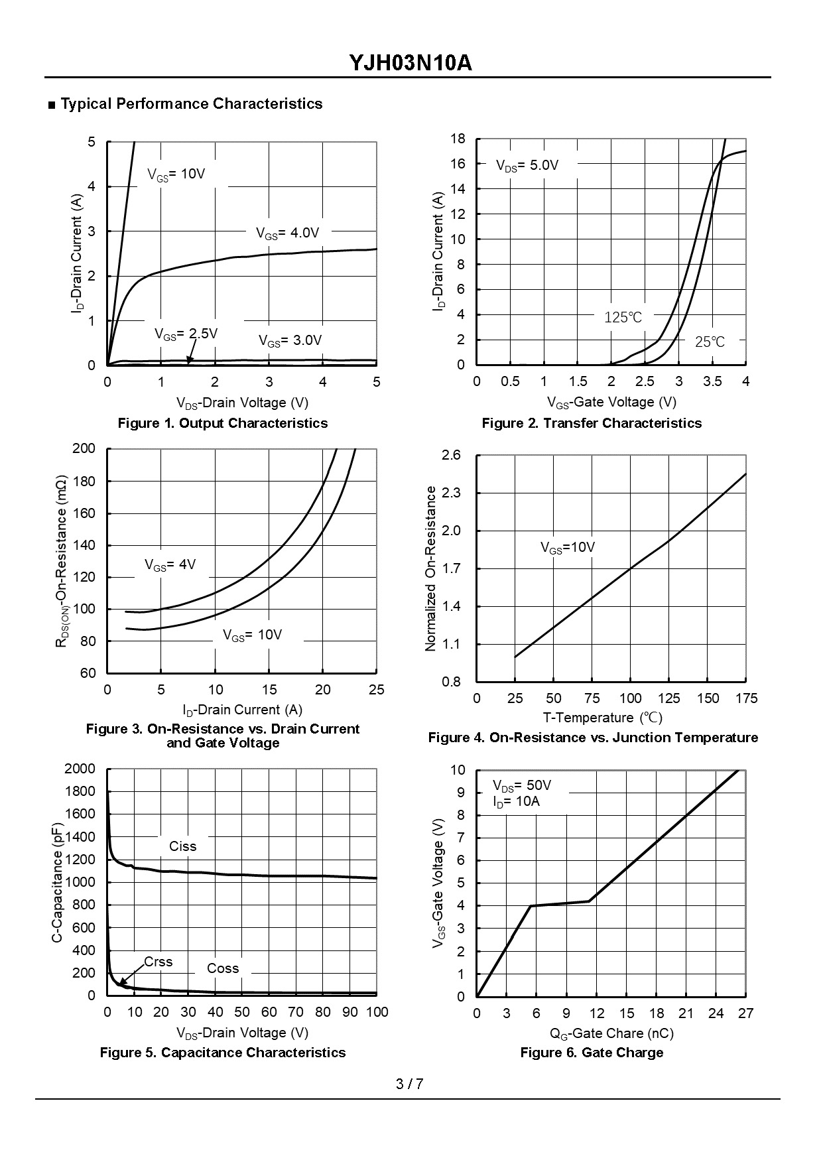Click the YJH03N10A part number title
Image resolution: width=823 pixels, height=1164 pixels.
[411, 63]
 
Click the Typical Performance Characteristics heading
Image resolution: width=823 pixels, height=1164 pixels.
[191, 104]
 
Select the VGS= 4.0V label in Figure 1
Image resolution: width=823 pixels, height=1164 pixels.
[288, 233]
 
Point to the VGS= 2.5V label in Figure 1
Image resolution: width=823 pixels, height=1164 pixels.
[186, 334]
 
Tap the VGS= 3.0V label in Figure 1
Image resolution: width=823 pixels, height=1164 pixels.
[290, 341]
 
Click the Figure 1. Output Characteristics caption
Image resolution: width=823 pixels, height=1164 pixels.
[222, 423]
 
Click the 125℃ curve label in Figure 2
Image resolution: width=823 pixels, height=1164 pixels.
[623, 317]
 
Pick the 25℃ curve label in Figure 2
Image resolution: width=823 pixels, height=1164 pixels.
[710, 342]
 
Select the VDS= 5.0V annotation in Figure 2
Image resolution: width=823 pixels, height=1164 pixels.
[527, 166]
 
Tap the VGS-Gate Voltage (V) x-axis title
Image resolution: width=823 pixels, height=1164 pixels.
[611, 402]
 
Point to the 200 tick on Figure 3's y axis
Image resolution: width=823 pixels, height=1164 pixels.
[84, 449]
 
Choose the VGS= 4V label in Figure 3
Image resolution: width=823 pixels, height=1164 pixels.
[170, 565]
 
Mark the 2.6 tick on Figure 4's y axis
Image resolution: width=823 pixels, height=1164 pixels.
[451, 456]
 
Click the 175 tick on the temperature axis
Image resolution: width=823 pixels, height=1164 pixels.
[746, 698]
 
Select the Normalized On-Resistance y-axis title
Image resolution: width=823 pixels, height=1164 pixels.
[431, 568]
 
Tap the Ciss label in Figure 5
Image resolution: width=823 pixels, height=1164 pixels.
[182, 846]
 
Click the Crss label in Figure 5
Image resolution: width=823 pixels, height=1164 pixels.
[158, 962]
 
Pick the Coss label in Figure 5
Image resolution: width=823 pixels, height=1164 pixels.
[222, 968]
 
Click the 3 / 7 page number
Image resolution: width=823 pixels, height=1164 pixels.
[409, 1084]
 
